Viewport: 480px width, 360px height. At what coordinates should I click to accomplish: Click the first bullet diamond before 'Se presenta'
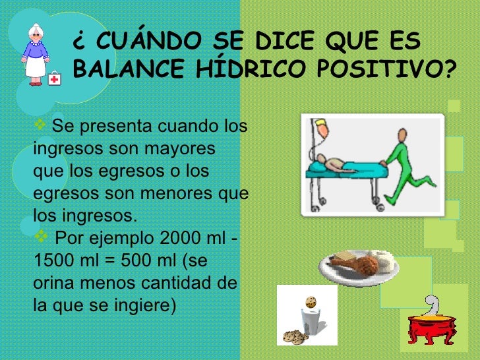(39, 125)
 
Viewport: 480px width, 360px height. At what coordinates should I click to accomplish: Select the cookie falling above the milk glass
(311, 301)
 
